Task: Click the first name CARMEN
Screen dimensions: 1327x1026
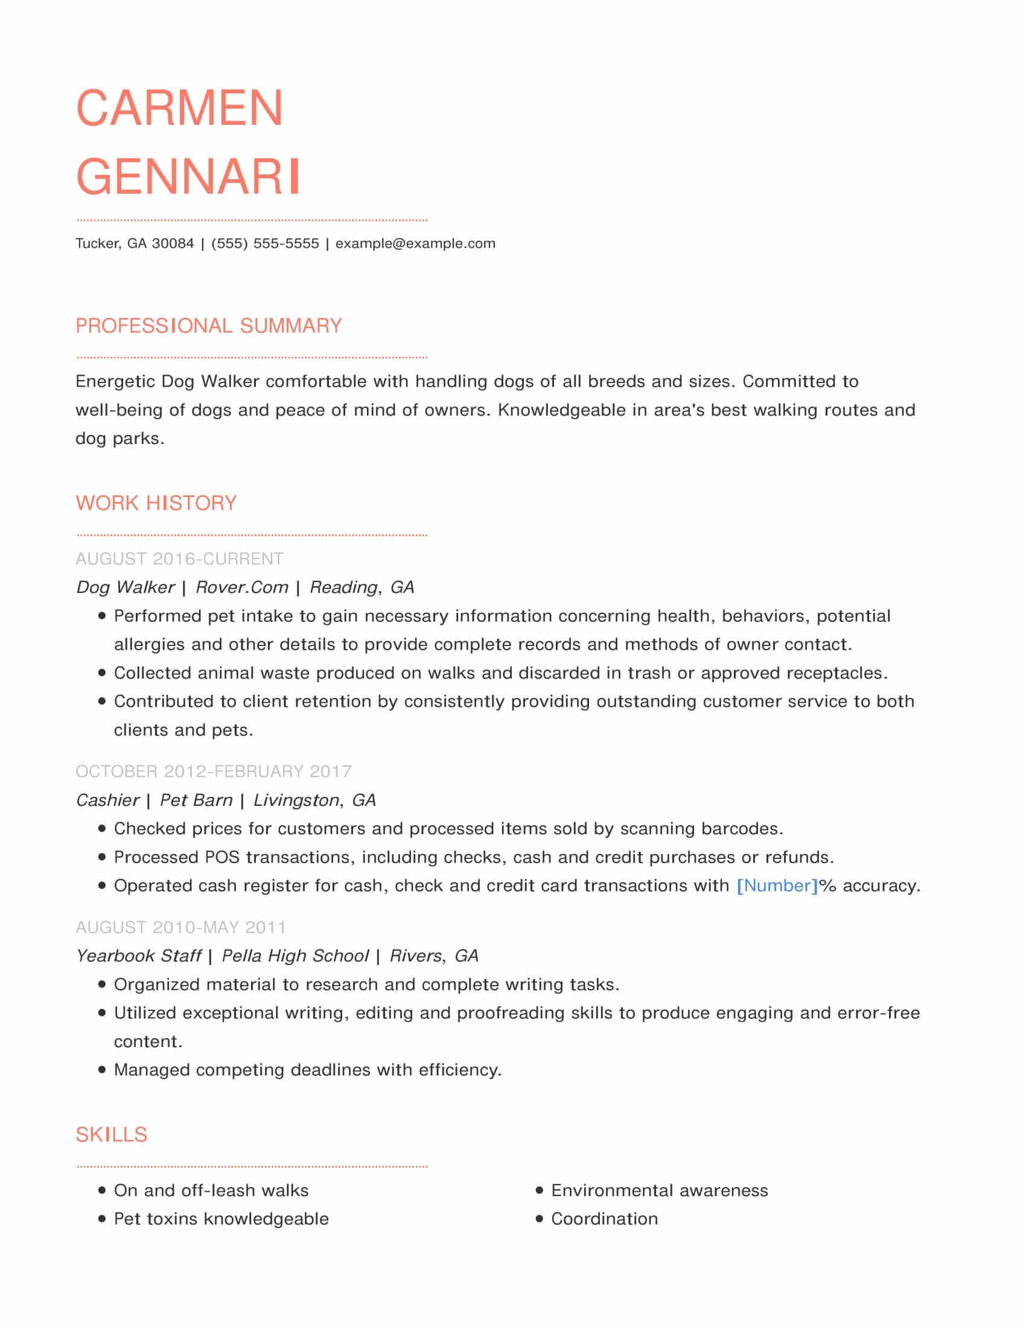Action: (x=179, y=108)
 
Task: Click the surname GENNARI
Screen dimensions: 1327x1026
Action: (x=188, y=177)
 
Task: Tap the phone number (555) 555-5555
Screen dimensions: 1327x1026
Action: (x=265, y=244)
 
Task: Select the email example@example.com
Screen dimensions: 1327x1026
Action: (x=415, y=244)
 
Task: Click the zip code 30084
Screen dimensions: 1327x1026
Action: (x=173, y=244)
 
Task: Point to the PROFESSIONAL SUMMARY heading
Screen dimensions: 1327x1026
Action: (x=208, y=326)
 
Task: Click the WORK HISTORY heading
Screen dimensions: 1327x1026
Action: (x=156, y=503)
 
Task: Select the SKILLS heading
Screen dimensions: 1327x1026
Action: (x=111, y=1135)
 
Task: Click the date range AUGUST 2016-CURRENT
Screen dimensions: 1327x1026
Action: (x=179, y=559)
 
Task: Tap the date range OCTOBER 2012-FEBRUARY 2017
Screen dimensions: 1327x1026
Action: (x=213, y=771)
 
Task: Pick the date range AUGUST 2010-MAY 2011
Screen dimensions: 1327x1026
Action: (x=180, y=927)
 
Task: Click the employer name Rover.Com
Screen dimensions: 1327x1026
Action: (x=242, y=587)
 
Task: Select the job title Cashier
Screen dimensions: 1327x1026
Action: (x=107, y=800)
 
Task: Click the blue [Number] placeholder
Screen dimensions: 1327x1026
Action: (x=777, y=886)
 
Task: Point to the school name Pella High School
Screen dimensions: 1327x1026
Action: (x=295, y=956)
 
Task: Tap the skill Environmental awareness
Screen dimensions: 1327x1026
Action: (x=660, y=1190)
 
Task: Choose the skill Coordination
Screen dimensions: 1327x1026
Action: (x=604, y=1219)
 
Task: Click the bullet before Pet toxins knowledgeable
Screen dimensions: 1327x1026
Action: (x=101, y=1219)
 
